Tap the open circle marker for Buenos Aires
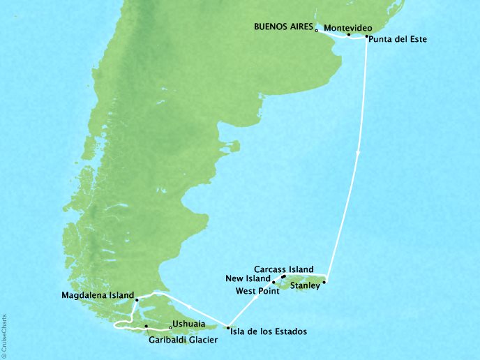[317, 31]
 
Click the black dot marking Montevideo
[348, 33]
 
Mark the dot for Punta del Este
[366, 36]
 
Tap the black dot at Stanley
[324, 282]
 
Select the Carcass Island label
[283, 269]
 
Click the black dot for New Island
[273, 282]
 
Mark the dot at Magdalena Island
[137, 300]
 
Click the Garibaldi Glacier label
[182, 340]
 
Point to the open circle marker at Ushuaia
[171, 327]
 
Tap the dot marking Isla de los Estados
[228, 327]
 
